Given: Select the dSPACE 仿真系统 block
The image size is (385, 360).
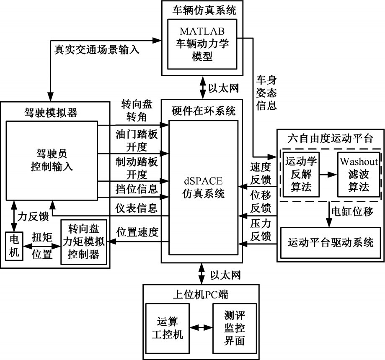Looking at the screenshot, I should coord(203,188).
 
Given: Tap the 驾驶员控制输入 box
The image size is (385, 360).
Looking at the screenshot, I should coord(52,160).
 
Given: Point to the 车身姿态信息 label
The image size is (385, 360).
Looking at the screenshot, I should coord(266,92).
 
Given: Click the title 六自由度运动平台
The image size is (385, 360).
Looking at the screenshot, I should coord(331,138).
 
